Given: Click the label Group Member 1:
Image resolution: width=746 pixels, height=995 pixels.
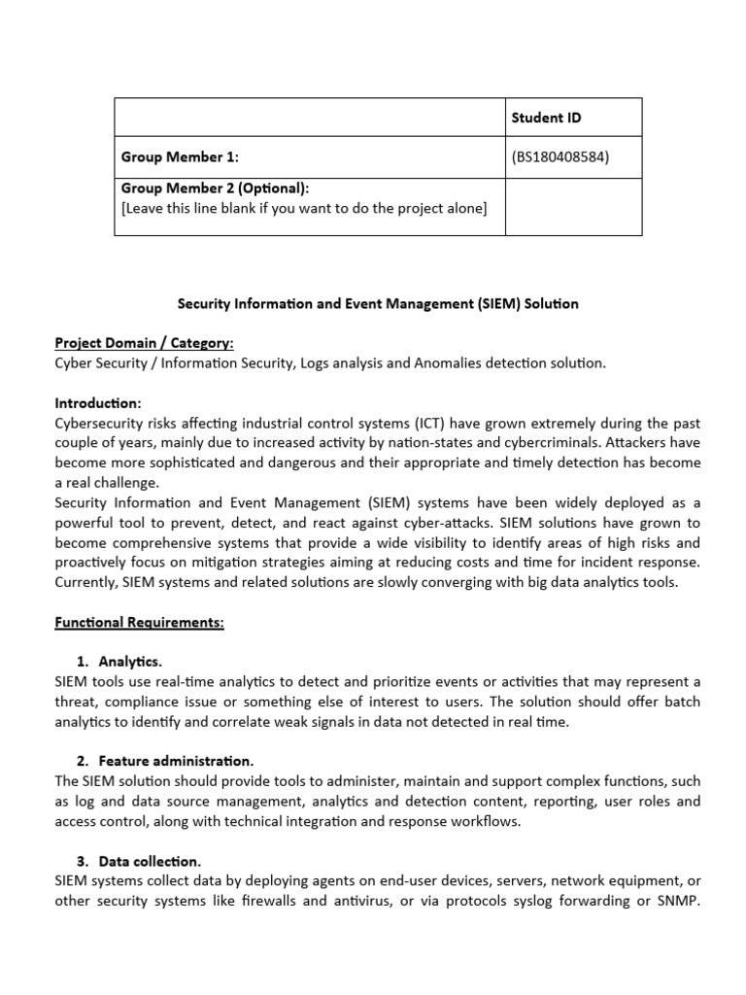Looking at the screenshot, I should point(180,157).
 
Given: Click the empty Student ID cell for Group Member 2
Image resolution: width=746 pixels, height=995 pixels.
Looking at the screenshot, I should point(573,206).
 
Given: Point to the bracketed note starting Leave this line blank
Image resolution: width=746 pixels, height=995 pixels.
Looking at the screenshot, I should point(303,208).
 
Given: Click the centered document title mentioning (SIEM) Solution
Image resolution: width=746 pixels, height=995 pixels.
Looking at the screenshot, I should point(378,303).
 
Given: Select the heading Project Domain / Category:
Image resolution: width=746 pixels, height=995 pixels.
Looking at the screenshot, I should point(144,343).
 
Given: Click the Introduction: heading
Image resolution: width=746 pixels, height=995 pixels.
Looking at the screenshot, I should point(98,402).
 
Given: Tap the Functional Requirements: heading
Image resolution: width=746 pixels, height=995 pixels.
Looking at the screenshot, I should point(139,622).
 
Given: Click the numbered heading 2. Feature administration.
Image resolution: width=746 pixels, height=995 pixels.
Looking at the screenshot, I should point(165,761).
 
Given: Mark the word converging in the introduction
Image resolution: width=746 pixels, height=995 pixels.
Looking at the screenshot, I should point(463,582).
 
